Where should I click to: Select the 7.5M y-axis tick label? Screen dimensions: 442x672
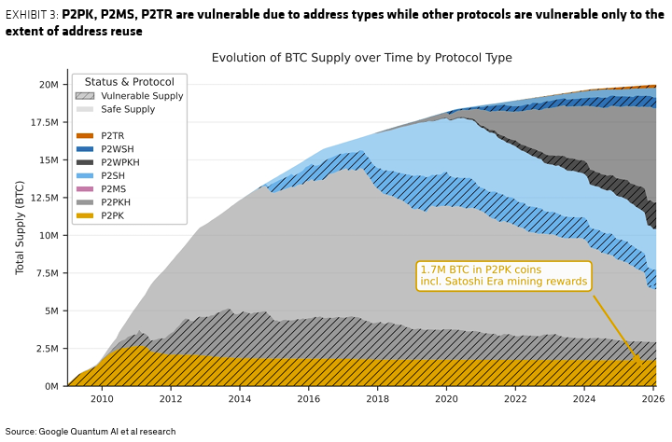click(x=48, y=273)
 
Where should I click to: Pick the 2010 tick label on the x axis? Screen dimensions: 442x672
click(x=102, y=399)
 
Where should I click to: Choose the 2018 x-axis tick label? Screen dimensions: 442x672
click(x=378, y=399)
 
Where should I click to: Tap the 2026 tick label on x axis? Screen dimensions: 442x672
click(x=653, y=399)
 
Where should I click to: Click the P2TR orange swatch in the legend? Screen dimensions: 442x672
click(x=85, y=136)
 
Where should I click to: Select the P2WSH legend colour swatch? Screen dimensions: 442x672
click(x=85, y=149)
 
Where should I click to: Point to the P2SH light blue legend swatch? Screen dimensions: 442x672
click(x=85, y=175)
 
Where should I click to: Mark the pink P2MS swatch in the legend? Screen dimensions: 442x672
click(x=85, y=189)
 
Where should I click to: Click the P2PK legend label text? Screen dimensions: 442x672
click(x=113, y=215)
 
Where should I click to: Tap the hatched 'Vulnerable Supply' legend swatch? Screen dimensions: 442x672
click(x=85, y=96)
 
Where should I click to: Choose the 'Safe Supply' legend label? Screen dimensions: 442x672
click(x=128, y=109)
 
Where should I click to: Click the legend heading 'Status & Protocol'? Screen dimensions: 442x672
click(x=130, y=81)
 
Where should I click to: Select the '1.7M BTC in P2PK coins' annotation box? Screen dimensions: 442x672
click(x=505, y=275)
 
